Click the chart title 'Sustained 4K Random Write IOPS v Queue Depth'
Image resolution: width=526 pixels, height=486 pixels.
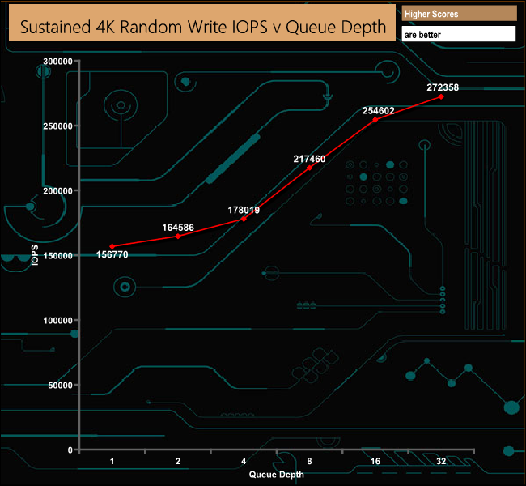(x=203, y=28)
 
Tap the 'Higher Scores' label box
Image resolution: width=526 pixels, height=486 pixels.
(x=459, y=14)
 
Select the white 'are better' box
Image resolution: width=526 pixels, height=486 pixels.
(x=459, y=34)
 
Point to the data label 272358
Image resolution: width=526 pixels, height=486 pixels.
(x=443, y=87)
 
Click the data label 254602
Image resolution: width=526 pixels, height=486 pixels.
(x=378, y=111)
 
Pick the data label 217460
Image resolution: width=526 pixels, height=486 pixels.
(x=309, y=159)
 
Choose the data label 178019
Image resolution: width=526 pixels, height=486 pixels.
(x=244, y=211)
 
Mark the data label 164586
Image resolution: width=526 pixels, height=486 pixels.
(x=178, y=228)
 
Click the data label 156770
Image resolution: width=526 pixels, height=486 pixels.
(x=112, y=254)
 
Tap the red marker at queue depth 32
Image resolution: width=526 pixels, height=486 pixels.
(x=441, y=96)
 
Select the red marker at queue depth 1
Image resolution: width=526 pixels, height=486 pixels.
(x=112, y=246)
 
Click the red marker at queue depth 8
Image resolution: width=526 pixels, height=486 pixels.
(x=309, y=168)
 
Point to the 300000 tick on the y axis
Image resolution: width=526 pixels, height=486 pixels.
(x=57, y=62)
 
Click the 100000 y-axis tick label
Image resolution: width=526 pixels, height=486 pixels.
(x=57, y=321)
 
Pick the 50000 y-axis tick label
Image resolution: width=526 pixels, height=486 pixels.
(x=60, y=386)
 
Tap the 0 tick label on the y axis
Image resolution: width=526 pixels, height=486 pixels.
(x=70, y=450)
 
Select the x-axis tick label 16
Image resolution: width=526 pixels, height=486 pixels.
(x=375, y=461)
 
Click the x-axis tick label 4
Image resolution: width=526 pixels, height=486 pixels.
(x=244, y=461)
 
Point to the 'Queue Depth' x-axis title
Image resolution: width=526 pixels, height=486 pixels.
(x=277, y=475)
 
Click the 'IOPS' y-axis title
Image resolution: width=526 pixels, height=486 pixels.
(x=35, y=255)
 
